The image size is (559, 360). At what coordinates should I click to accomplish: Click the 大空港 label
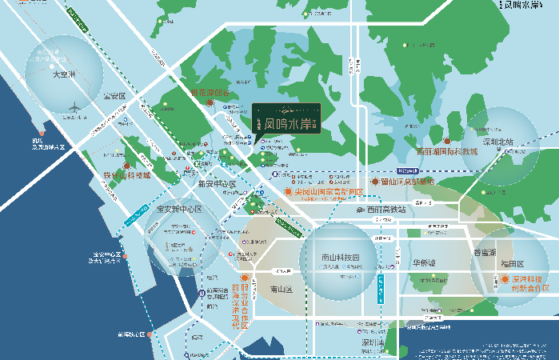click(62, 75)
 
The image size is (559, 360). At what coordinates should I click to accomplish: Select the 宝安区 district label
click(114, 96)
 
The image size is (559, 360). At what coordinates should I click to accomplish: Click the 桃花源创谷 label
click(209, 92)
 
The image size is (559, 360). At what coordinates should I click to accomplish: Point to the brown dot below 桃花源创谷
click(210, 102)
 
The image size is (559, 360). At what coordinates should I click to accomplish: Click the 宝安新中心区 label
click(179, 210)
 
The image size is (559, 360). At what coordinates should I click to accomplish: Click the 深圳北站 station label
click(502, 142)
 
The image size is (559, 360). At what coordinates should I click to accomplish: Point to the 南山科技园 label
click(340, 257)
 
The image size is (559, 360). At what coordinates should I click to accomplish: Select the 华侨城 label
click(424, 263)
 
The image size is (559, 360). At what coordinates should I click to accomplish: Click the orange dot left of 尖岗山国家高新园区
click(289, 192)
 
